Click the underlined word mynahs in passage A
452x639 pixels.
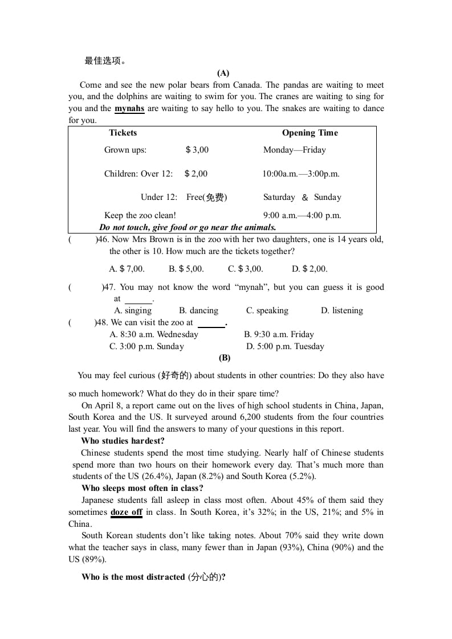tap(129, 109)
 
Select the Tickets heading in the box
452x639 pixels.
tap(123, 133)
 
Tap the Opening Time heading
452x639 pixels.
tap(310, 133)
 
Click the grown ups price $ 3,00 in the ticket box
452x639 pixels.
tap(197, 150)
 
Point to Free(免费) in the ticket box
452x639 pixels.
tap(206, 197)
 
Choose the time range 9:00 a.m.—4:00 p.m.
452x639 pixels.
tap(302, 215)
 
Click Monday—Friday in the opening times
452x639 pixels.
tap(295, 150)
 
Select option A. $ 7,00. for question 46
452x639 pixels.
tap(127, 269)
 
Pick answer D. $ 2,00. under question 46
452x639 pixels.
tap(310, 269)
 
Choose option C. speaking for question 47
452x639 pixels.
tap(267, 310)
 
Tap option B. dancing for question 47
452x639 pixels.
tap(198, 310)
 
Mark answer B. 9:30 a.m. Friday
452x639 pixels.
tap(279, 334)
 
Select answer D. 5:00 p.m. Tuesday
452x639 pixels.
tap(285, 346)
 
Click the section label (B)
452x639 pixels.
tap(224, 358)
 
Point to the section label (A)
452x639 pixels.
tap(223, 73)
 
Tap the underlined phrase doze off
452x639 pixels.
tap(127, 512)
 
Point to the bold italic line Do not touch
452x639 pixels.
tap(188, 227)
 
